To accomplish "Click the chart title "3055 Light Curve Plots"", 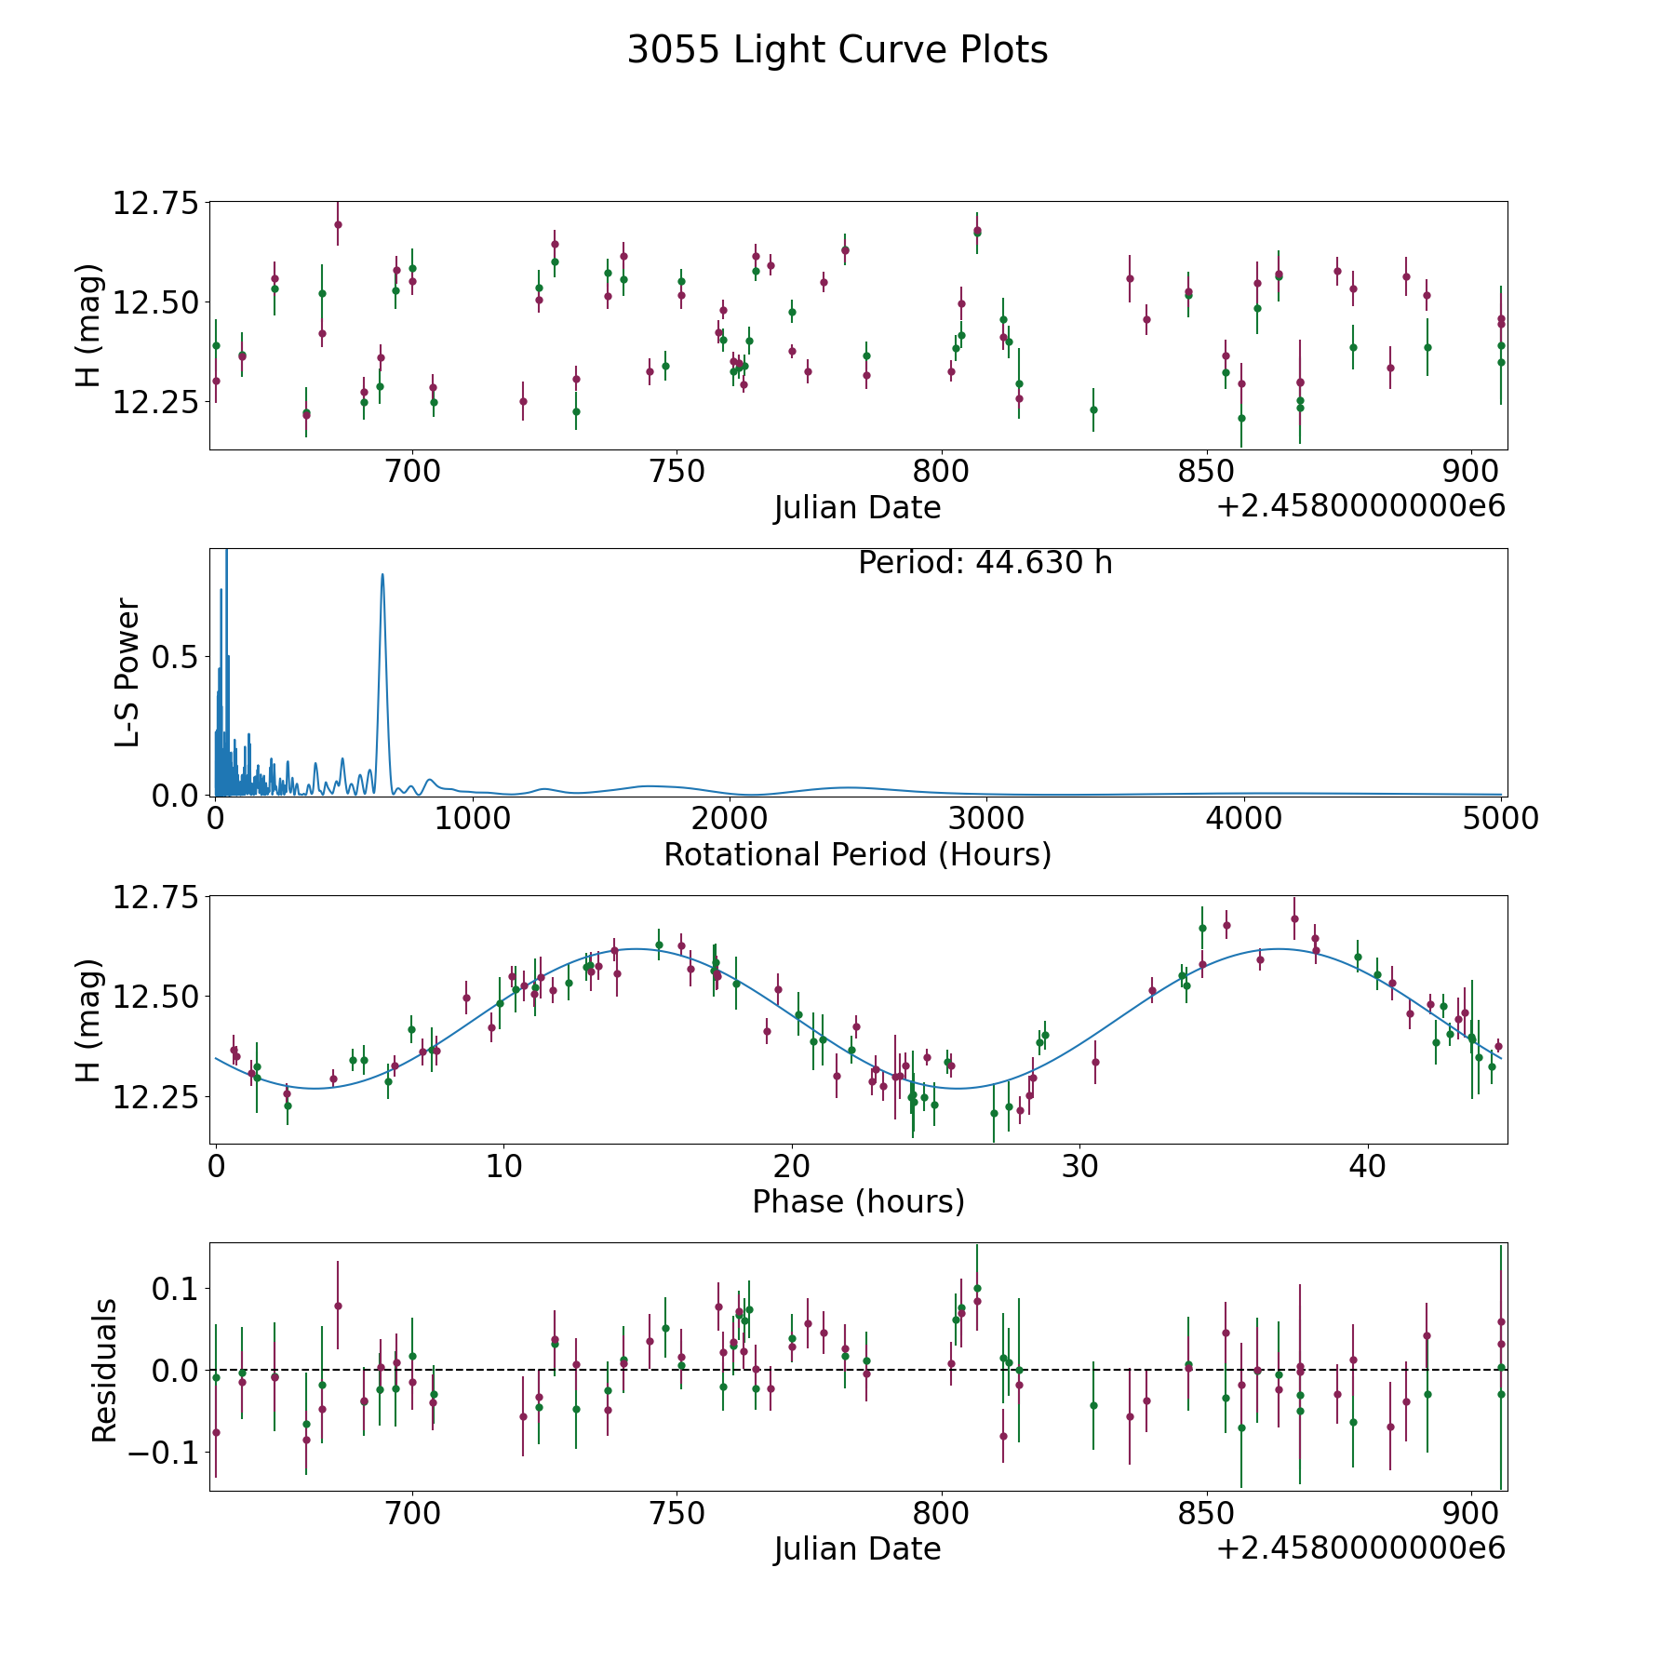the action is [837, 50].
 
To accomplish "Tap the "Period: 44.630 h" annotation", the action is [985, 563].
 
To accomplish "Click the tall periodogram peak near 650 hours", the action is [382, 575].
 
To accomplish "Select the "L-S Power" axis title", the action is [127, 672].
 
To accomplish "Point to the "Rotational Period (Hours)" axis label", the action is [857, 854].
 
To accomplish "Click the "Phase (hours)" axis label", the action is [858, 1201].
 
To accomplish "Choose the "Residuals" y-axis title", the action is [104, 1370].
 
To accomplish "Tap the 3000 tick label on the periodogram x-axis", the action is [986, 818].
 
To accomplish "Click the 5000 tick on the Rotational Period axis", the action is [1500, 818].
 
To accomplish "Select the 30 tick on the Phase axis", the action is [1079, 1166].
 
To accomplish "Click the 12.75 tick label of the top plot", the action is [155, 203].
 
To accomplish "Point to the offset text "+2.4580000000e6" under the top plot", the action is [1360, 506].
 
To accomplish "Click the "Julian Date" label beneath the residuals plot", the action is [857, 1548].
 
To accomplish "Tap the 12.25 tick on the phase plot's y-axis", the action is [155, 1097].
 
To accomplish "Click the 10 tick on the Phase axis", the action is [503, 1166].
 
